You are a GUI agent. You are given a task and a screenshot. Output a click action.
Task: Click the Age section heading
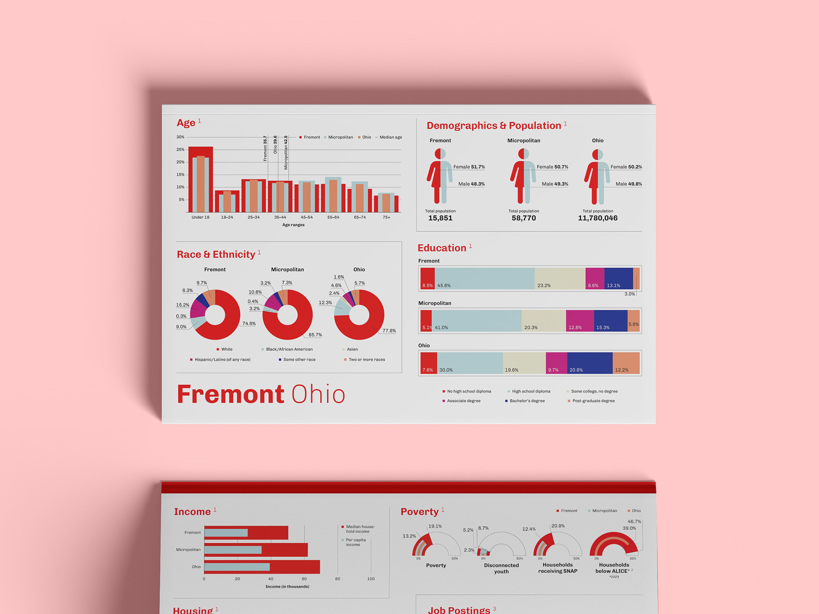186,123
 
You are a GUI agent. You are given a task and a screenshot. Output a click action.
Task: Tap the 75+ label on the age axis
386,217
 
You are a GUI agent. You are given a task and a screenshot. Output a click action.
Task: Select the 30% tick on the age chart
180,137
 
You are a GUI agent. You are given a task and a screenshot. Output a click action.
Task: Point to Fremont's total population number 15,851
440,218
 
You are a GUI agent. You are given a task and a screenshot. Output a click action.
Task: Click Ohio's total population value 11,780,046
598,218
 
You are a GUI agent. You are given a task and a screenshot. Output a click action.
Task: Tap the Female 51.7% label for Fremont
469,167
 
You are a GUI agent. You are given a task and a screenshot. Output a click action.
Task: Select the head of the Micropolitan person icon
523,153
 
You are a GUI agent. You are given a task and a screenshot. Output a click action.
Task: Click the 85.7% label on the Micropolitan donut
315,335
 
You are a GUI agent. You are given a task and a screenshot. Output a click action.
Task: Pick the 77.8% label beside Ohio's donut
389,331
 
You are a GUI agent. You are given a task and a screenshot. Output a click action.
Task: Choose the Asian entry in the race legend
352,349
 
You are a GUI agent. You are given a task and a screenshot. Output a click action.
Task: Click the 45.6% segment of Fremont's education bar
484,278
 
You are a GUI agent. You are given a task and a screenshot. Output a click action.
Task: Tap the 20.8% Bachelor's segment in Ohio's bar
590,363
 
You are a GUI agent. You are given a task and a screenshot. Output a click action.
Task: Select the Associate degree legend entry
463,401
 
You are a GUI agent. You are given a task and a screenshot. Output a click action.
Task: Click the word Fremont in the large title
230,394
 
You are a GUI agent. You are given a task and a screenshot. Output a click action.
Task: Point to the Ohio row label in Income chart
196,567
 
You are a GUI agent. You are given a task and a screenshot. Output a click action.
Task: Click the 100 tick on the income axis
371,579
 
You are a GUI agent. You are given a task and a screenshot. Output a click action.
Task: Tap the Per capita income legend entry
355,542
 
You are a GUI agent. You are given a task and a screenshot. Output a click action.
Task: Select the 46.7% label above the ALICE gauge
634,521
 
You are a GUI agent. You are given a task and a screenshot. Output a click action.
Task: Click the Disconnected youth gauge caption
501,568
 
